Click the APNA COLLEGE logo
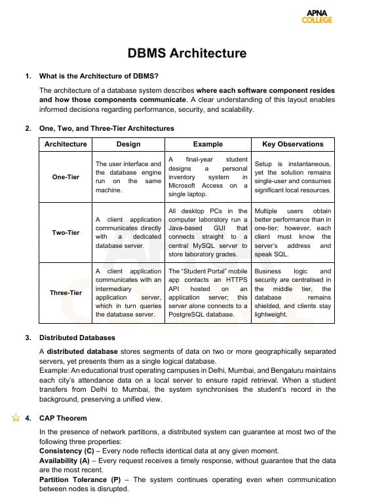[317, 16]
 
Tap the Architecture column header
[66, 144]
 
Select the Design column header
[128, 144]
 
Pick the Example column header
[208, 144]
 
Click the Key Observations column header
[292, 144]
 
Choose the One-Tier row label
[66, 177]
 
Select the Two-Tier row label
[66, 233]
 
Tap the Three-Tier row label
[66, 292]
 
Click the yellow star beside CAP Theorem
[16, 417]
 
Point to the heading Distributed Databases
[77, 338]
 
